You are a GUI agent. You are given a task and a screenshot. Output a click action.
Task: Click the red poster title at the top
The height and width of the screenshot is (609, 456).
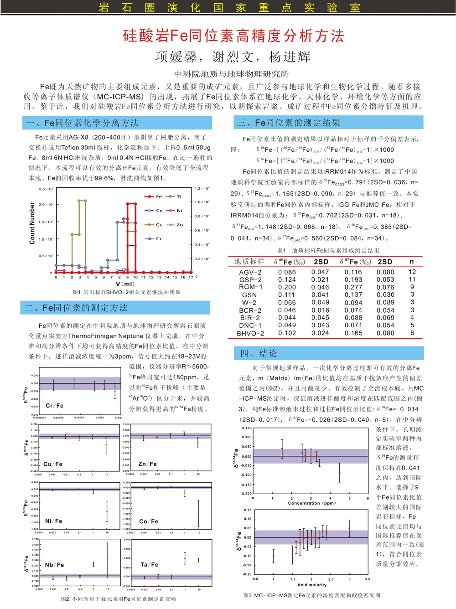233,36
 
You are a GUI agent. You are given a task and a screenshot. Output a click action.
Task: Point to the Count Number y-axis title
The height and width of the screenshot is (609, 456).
32,223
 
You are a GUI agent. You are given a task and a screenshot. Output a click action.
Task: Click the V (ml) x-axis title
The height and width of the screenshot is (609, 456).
125,284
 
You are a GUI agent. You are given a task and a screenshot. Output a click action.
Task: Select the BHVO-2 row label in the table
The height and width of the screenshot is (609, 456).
250,333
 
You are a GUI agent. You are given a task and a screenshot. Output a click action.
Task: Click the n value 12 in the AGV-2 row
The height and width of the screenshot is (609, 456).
412,272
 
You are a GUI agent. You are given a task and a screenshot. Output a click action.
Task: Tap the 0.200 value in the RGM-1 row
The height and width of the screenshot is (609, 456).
287,287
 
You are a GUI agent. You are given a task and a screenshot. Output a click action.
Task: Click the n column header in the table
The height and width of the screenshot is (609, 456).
412,262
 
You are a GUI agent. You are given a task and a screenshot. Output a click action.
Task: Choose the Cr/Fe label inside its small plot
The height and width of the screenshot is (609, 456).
55,405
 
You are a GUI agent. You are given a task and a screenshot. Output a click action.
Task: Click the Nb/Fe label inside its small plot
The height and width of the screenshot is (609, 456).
54,565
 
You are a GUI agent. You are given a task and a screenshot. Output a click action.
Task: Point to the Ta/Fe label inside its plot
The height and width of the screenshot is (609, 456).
150,565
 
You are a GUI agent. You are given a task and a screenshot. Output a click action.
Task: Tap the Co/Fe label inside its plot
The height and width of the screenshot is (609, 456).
149,521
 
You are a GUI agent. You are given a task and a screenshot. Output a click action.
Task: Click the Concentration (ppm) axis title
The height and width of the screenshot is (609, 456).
311,503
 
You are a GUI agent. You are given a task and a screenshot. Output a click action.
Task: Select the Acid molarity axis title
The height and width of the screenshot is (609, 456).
312,585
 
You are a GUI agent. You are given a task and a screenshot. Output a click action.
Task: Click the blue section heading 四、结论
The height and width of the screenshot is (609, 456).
258,353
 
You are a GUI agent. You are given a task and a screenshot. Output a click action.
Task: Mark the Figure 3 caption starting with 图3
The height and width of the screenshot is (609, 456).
312,595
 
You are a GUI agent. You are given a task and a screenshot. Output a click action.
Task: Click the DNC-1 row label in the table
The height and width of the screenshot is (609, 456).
250,325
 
